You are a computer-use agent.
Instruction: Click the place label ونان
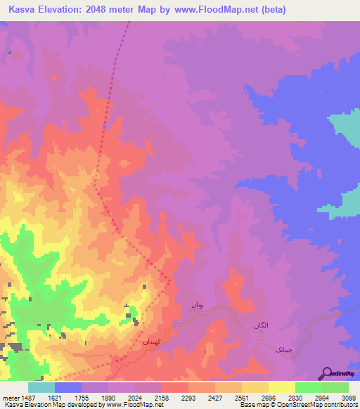[197, 306]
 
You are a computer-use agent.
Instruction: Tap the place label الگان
[261, 325]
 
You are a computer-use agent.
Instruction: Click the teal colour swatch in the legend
[41, 387]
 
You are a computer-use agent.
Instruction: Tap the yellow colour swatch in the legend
[281, 387]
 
